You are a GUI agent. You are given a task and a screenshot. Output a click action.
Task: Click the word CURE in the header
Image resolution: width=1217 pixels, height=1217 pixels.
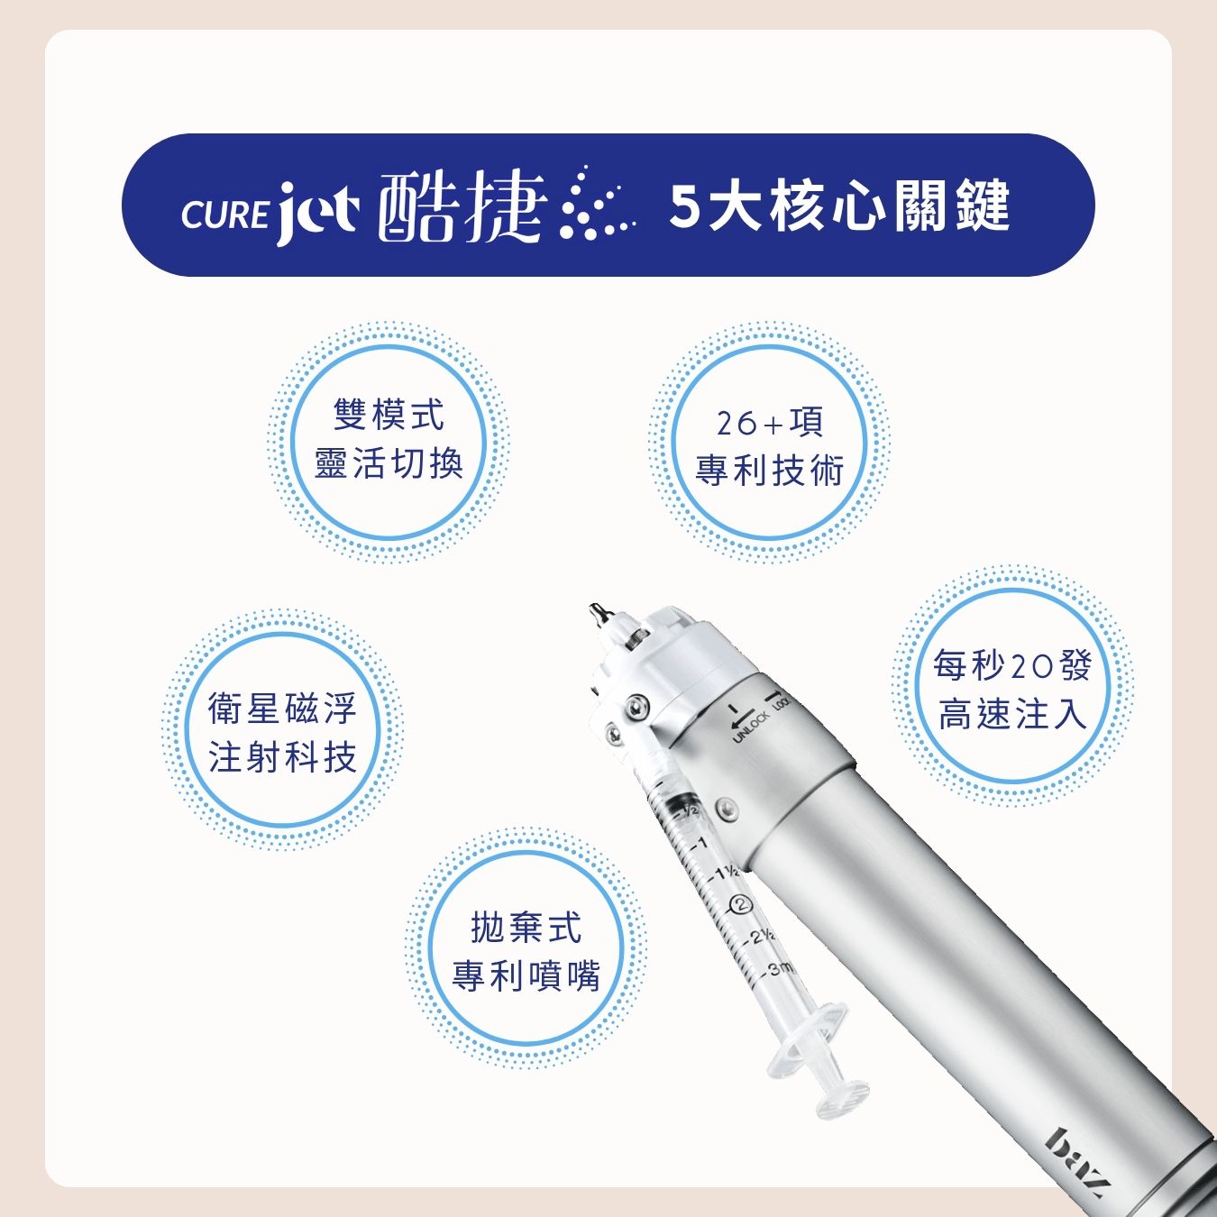(x=224, y=215)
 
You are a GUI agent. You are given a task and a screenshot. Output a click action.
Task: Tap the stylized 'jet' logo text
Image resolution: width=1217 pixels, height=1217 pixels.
(x=317, y=212)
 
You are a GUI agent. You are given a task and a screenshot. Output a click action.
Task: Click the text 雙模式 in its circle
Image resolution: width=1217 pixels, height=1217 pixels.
(x=389, y=415)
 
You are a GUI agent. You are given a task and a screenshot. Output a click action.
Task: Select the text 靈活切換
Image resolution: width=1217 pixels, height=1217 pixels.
(x=389, y=464)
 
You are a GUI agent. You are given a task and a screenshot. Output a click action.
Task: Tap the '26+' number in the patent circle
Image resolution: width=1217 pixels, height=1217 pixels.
(x=750, y=425)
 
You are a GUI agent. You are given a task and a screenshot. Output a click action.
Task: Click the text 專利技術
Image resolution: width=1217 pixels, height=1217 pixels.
(x=769, y=471)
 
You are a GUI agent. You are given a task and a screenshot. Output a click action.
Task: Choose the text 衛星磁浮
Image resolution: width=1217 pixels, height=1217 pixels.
(x=282, y=708)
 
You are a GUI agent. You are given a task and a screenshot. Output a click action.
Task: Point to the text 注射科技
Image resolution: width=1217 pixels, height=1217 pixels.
(x=282, y=757)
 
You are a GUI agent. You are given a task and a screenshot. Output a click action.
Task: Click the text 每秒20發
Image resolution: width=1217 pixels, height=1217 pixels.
(x=1011, y=665)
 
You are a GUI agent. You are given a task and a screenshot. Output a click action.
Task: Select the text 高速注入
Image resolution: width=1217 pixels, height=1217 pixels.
(x=1011, y=715)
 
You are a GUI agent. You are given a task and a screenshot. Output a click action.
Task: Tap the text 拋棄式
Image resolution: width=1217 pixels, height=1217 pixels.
(x=526, y=928)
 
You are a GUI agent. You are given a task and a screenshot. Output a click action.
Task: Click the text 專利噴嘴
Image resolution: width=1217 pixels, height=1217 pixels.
(x=526, y=977)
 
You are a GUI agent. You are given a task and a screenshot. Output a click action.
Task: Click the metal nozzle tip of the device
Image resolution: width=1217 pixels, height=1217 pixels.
(x=597, y=612)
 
